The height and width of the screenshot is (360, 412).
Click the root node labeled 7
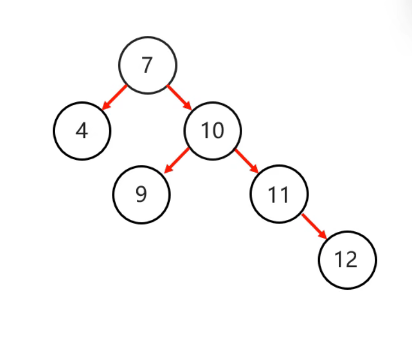pos(147,65)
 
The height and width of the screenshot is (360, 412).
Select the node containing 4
pos(82,131)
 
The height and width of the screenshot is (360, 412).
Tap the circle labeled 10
pos(213,131)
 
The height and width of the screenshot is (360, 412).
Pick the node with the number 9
pos(141,195)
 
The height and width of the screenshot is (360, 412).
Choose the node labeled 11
pos(279,195)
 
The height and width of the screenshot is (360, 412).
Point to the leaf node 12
pos(347,260)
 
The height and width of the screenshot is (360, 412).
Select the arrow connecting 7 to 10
pos(180,97)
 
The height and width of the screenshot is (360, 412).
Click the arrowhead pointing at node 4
pos(105,106)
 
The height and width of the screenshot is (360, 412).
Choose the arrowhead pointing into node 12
pos(323,235)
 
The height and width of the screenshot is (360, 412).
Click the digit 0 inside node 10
pos(218,131)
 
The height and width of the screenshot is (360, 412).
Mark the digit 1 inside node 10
pos(206,131)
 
